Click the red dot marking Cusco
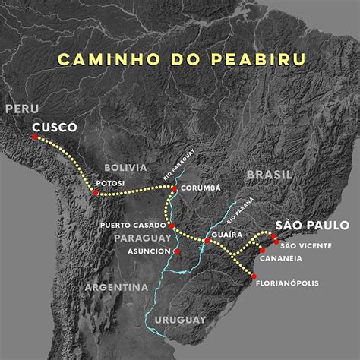point(35,137)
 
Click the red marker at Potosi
point(96,193)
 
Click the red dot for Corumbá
point(175,188)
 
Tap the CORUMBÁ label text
point(201,188)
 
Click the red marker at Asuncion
point(177,251)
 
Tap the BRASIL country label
point(269,175)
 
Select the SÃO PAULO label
point(312,225)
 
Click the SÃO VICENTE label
point(305,245)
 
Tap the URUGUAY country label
point(180,319)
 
